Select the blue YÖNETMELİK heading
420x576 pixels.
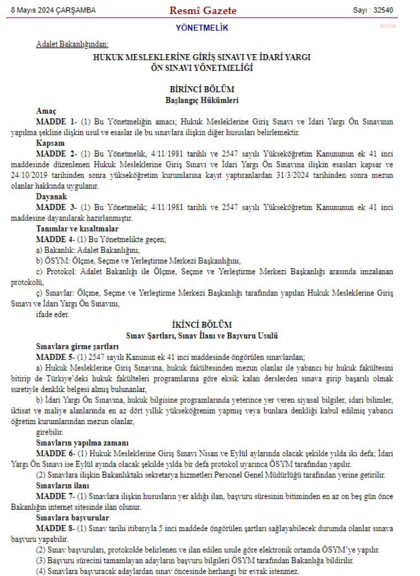point(202,28)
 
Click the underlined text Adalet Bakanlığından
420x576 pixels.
point(72,44)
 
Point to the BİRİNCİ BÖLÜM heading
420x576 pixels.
point(202,89)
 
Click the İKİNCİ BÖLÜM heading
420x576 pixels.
point(202,325)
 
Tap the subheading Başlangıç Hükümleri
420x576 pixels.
point(202,100)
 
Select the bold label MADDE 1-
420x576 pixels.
point(56,121)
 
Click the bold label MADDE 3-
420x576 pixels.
point(56,207)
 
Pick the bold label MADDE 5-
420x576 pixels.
point(56,357)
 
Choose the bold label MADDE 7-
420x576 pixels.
point(56,497)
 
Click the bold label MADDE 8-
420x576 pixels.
point(56,528)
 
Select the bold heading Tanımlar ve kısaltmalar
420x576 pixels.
point(77,228)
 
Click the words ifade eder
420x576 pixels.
point(53,314)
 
